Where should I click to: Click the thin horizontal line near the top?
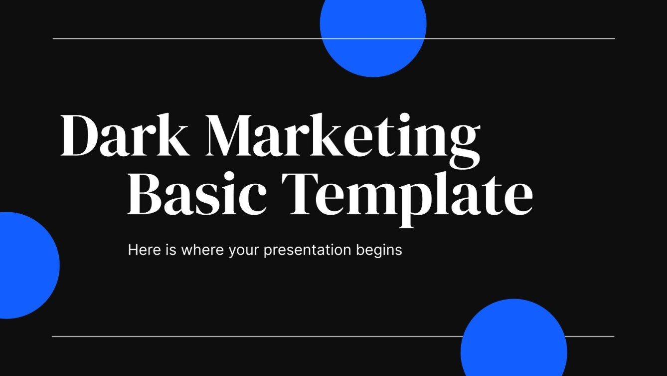point(199,38)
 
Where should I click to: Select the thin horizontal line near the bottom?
point(249,337)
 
